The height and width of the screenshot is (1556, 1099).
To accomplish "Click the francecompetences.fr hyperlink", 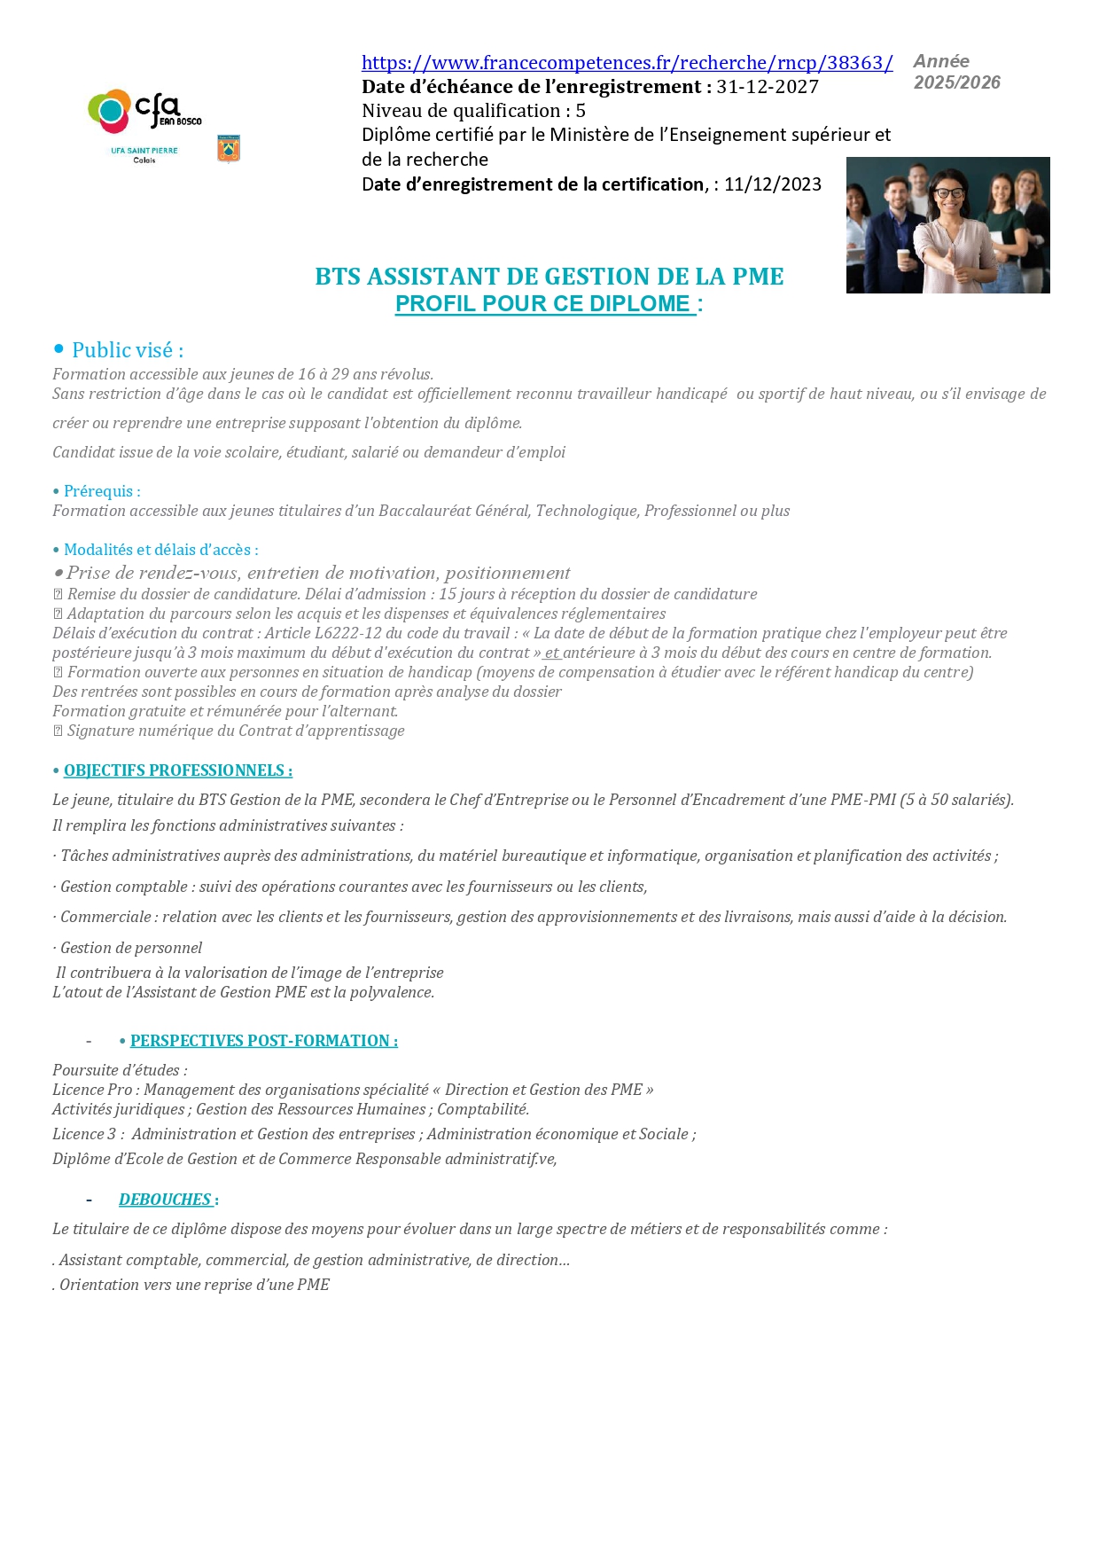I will tap(627, 63).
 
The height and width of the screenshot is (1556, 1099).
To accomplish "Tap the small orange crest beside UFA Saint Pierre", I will tap(229, 148).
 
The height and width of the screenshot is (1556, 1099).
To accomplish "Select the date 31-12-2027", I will tap(768, 87).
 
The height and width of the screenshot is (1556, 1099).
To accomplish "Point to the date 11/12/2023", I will tap(773, 184).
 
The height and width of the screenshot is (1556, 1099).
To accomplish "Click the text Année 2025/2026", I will tap(956, 72).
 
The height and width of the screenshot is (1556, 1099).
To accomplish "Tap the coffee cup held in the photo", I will tap(903, 258).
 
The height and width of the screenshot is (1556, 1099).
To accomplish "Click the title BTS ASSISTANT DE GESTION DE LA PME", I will tap(549, 277).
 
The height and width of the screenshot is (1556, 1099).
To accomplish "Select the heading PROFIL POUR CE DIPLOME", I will tap(542, 304).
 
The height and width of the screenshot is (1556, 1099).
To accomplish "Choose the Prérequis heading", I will tap(101, 491).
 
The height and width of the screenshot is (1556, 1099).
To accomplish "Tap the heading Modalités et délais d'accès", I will tap(160, 550).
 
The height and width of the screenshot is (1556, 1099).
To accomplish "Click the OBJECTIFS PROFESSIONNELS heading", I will tap(177, 770).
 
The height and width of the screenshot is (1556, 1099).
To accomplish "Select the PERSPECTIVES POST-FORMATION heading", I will tap(263, 1041).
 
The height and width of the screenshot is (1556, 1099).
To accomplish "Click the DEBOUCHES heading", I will tap(165, 1200).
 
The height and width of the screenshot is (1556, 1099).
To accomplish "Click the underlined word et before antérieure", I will tap(551, 653).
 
